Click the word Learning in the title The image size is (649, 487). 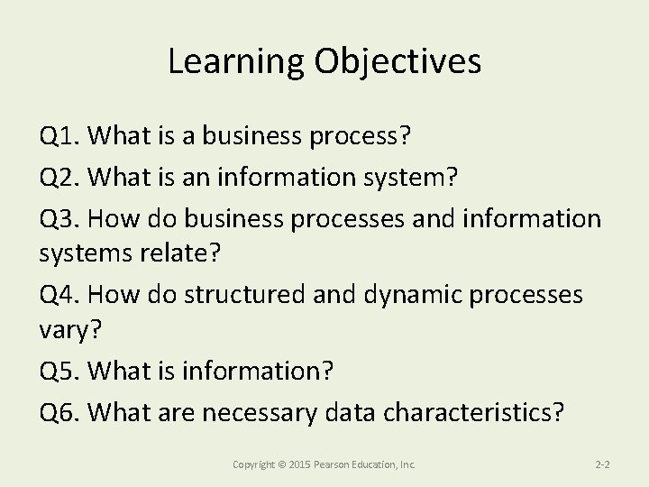coord(237,61)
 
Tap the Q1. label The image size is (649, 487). coord(61,137)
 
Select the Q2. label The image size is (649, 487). coord(61,178)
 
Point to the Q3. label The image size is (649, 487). coord(61,218)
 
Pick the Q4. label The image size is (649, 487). coord(61,295)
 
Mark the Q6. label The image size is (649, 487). coord(61,413)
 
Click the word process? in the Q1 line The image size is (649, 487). coord(360,138)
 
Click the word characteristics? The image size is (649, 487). coord(474,413)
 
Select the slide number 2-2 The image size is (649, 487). coord(603,464)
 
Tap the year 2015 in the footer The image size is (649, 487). coord(299,464)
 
